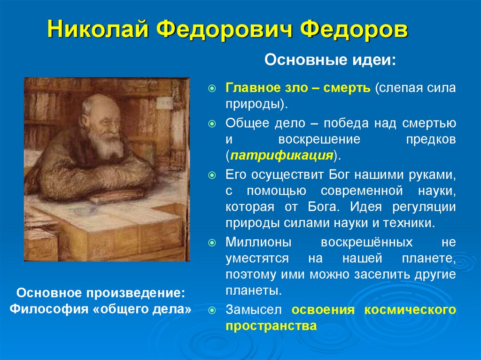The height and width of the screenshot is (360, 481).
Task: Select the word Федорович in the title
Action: [x=220, y=31]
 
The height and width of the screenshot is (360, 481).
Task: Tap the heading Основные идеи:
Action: [x=330, y=60]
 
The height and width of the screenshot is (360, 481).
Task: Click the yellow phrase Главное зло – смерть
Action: [x=298, y=88]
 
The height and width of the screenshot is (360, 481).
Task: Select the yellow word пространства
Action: [x=271, y=326]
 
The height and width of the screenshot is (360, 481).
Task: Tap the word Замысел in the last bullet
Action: [x=254, y=310]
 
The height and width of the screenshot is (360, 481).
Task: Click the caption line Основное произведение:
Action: [x=101, y=293]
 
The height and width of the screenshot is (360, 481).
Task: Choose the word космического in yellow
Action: [x=416, y=310]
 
